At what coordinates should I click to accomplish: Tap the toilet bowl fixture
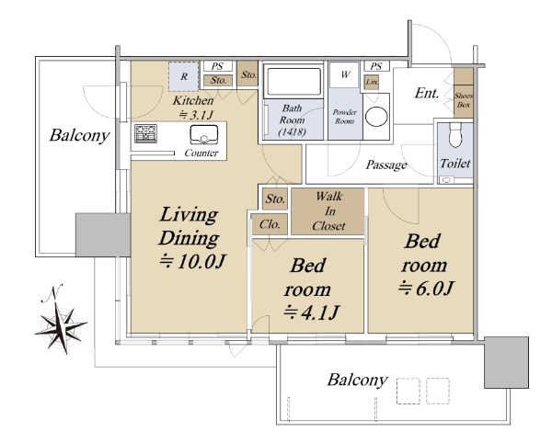[455, 135]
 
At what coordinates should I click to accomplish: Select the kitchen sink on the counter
[204, 135]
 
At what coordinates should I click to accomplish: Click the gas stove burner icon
[145, 133]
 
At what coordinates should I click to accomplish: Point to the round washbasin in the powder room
[376, 117]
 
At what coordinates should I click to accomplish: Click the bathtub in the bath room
[294, 81]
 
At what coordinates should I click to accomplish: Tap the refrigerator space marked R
[183, 76]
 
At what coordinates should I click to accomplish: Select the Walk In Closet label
[328, 211]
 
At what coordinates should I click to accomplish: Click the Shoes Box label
[464, 100]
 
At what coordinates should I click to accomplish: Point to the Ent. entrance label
[427, 93]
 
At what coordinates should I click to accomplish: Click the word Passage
[386, 165]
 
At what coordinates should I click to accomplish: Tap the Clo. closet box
[270, 224]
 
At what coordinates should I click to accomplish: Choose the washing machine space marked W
[345, 74]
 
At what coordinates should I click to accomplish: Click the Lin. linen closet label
[372, 83]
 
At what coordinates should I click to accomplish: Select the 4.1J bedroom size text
[311, 312]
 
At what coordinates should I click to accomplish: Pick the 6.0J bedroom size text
[426, 289]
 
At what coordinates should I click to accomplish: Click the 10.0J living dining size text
[192, 261]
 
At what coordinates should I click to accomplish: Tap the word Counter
[201, 153]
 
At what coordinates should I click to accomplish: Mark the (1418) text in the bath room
[292, 131]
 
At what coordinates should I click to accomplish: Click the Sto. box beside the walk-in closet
[275, 199]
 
